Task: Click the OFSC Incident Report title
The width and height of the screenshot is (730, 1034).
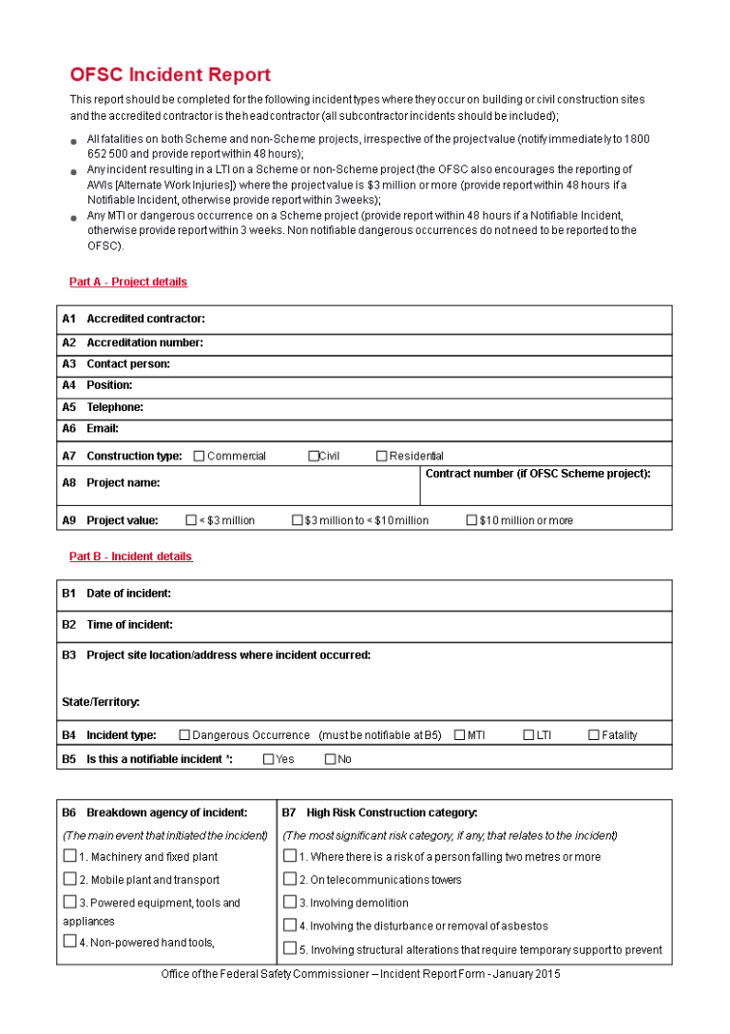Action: [170, 75]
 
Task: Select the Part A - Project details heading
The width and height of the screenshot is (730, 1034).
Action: [128, 282]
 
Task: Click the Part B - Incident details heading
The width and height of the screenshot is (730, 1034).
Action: [130, 556]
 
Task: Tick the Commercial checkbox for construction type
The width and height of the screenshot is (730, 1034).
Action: [199, 457]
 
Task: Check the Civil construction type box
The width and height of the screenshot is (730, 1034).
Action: [314, 457]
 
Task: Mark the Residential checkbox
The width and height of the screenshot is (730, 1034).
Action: [382, 457]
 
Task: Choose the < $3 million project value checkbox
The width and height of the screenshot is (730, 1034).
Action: [191, 520]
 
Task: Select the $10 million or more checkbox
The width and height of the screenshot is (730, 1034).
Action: [471, 520]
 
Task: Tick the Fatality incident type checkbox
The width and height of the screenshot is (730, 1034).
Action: [594, 735]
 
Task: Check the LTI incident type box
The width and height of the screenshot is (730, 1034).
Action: [528, 735]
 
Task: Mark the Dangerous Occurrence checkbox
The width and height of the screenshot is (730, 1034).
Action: [185, 735]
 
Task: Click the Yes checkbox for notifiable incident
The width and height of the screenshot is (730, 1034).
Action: [268, 759]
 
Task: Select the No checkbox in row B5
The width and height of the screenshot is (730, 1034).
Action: [331, 759]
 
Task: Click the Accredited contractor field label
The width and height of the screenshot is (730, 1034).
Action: [145, 319]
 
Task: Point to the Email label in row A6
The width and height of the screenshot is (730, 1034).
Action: [103, 429]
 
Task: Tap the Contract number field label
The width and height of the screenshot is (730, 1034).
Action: [538, 474]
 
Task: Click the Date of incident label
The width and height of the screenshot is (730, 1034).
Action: [128, 594]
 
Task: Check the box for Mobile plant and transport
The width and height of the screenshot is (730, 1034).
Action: [69, 879]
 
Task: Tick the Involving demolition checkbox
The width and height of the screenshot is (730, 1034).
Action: [290, 902]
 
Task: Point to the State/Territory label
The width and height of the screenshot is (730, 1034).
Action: [101, 702]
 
